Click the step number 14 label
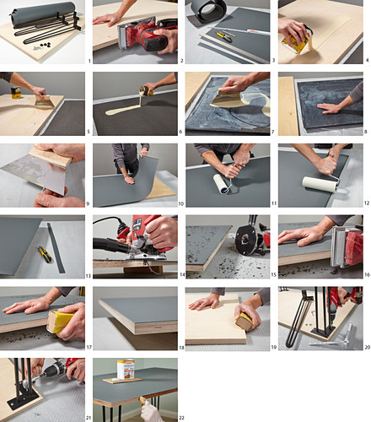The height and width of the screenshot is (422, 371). click(x=182, y=274)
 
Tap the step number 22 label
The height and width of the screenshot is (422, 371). click(x=182, y=418)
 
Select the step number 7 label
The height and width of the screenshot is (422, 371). click(x=272, y=132)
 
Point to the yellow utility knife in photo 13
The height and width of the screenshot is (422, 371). click(x=45, y=254)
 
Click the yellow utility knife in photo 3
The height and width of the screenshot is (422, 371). click(x=223, y=36)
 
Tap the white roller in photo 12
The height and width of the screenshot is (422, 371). click(x=320, y=184)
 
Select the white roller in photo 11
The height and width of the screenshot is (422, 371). click(x=221, y=183)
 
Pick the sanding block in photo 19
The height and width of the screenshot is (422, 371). click(x=245, y=321)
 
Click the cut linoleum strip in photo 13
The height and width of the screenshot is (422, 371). click(x=56, y=248)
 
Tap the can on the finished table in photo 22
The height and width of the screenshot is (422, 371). click(x=126, y=369)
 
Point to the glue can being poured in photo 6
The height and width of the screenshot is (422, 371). click(x=147, y=90)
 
